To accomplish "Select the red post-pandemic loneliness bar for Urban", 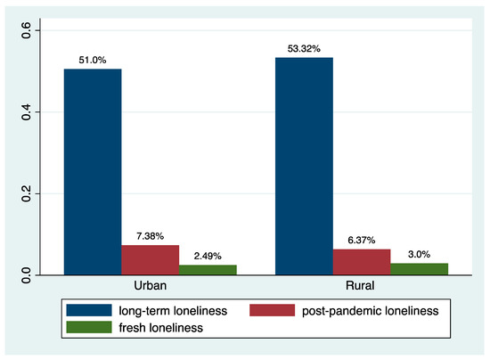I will [x=150, y=258].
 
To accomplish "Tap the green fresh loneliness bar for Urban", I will [x=207, y=268].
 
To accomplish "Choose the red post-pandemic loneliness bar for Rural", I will [x=361, y=260].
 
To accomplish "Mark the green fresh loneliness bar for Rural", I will [x=418, y=267].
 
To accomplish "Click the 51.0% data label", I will [x=93, y=61].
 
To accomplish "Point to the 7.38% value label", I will [x=150, y=236].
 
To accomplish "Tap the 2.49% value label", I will [x=207, y=256].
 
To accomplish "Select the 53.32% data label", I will [x=304, y=49].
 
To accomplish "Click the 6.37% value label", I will [x=361, y=241].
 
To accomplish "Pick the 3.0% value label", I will [x=418, y=254].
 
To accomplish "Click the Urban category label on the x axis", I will [x=150, y=287].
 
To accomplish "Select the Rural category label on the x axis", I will [x=361, y=287].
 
